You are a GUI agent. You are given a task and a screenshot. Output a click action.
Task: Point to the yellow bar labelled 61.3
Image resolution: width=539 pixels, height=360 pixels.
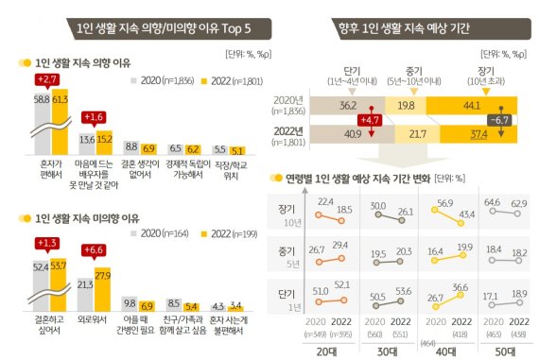pyautogui.click(x=61, y=124)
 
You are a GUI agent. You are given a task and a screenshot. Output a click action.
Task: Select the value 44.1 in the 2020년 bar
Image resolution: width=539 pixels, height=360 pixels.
pyautogui.click(x=468, y=107)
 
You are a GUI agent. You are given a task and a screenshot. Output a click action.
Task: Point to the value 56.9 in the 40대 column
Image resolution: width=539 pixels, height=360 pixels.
pyautogui.click(x=414, y=202)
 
